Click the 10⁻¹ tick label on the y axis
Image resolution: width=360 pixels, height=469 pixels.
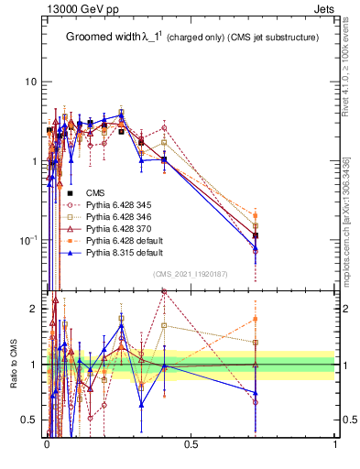[x=29, y=240]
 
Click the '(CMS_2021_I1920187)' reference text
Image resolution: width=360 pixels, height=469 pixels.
[x=191, y=274]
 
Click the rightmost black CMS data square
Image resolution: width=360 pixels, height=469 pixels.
[x=256, y=235]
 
